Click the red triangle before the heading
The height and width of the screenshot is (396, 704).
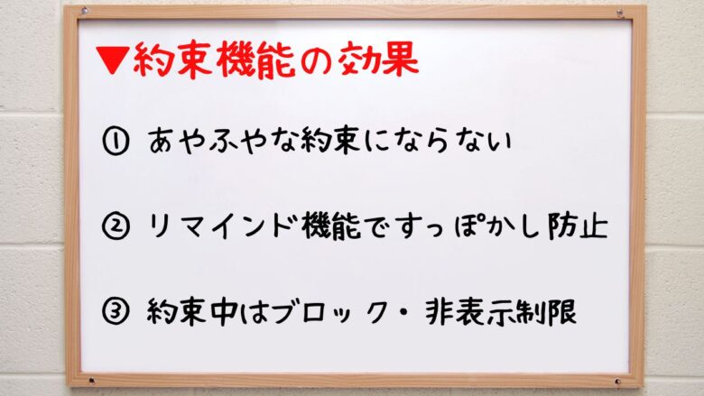113,61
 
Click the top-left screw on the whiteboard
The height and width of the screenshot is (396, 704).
83,13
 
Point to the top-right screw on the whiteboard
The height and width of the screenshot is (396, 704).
619,13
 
